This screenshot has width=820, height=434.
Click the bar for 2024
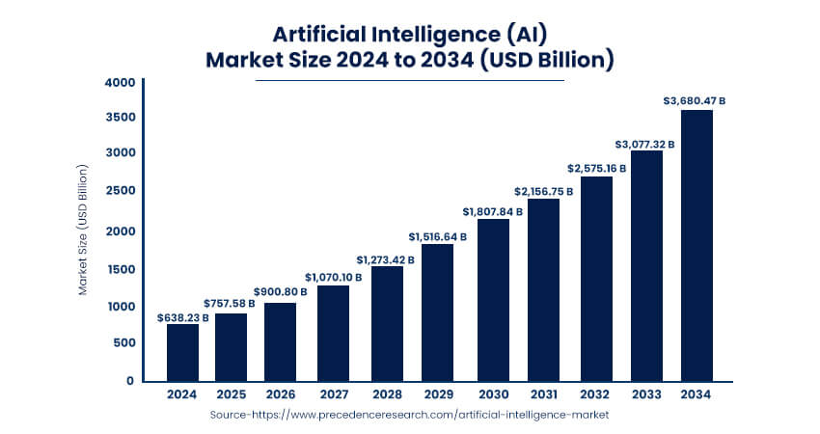click(182, 352)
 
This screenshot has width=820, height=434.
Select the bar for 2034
click(697, 245)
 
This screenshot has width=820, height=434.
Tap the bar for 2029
click(437, 312)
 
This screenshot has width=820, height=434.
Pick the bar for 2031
click(543, 289)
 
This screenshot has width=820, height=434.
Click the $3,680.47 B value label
click(695, 100)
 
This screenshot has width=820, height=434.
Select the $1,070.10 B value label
click(334, 277)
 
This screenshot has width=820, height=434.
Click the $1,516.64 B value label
click(437, 235)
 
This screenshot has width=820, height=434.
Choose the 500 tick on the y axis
click(124, 343)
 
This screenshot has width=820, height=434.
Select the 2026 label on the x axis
click(280, 394)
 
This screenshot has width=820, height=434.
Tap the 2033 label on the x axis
click(645, 394)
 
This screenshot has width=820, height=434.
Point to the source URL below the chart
click(409, 414)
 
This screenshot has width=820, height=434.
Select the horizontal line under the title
click(409, 80)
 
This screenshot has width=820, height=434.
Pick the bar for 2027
click(332, 333)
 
